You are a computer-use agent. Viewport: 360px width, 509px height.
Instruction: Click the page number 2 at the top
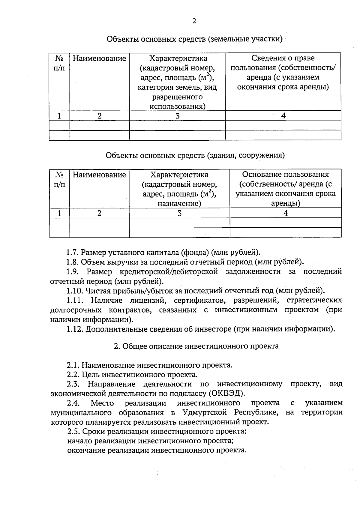(194, 21)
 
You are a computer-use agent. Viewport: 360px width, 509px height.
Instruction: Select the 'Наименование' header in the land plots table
(99, 58)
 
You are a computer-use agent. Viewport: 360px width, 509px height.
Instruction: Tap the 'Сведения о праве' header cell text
(283, 58)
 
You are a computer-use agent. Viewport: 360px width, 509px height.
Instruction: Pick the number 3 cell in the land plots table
(177, 116)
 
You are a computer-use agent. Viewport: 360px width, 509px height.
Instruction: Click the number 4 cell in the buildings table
(286, 213)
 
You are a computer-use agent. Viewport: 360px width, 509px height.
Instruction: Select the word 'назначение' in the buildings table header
(179, 204)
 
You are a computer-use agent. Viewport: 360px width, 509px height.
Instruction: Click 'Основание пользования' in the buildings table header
(285, 174)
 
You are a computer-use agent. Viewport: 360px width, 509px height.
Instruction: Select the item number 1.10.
(75, 291)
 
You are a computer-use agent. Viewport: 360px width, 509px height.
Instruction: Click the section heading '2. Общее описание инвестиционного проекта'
(196, 346)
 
